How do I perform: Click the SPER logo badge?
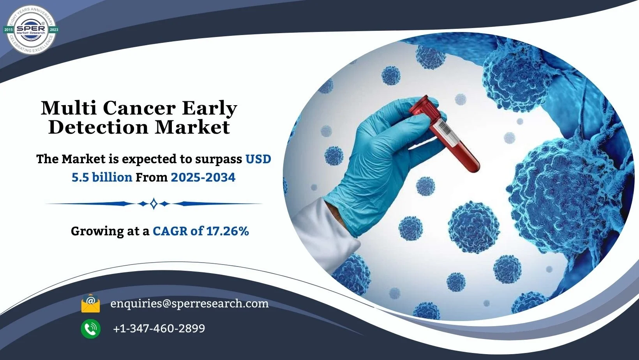(31, 29)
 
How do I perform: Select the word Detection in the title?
(99, 127)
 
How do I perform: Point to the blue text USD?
(258, 159)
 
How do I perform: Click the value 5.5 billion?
(102, 177)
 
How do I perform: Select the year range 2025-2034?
(203, 177)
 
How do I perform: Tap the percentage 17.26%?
(228, 231)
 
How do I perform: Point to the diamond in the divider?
(154, 204)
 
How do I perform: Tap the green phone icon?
(91, 329)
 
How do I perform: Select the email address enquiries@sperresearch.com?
(189, 304)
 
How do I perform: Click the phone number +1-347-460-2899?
(159, 328)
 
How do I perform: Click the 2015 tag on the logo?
(9, 30)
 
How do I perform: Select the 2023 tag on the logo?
(54, 30)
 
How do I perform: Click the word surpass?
(219, 159)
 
